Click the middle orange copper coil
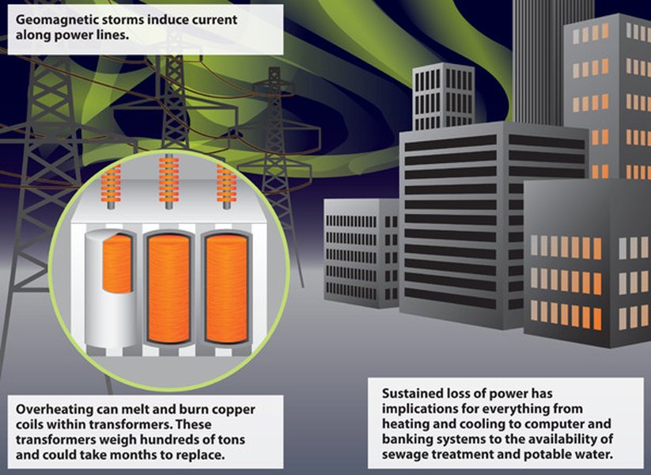(x=168, y=289)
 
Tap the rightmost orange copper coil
(x=226, y=289)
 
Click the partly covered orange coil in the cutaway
(x=117, y=263)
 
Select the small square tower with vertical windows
(x=444, y=97)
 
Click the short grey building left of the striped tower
(x=361, y=253)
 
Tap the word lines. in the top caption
(x=110, y=35)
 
